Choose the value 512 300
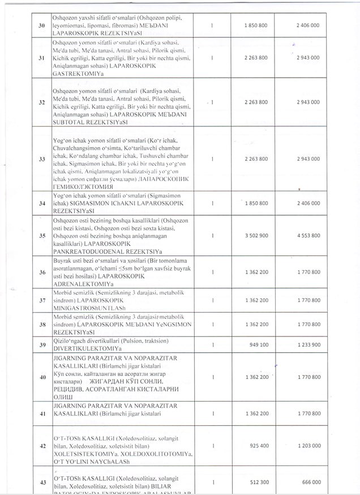pyautogui.click(x=259, y=481)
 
